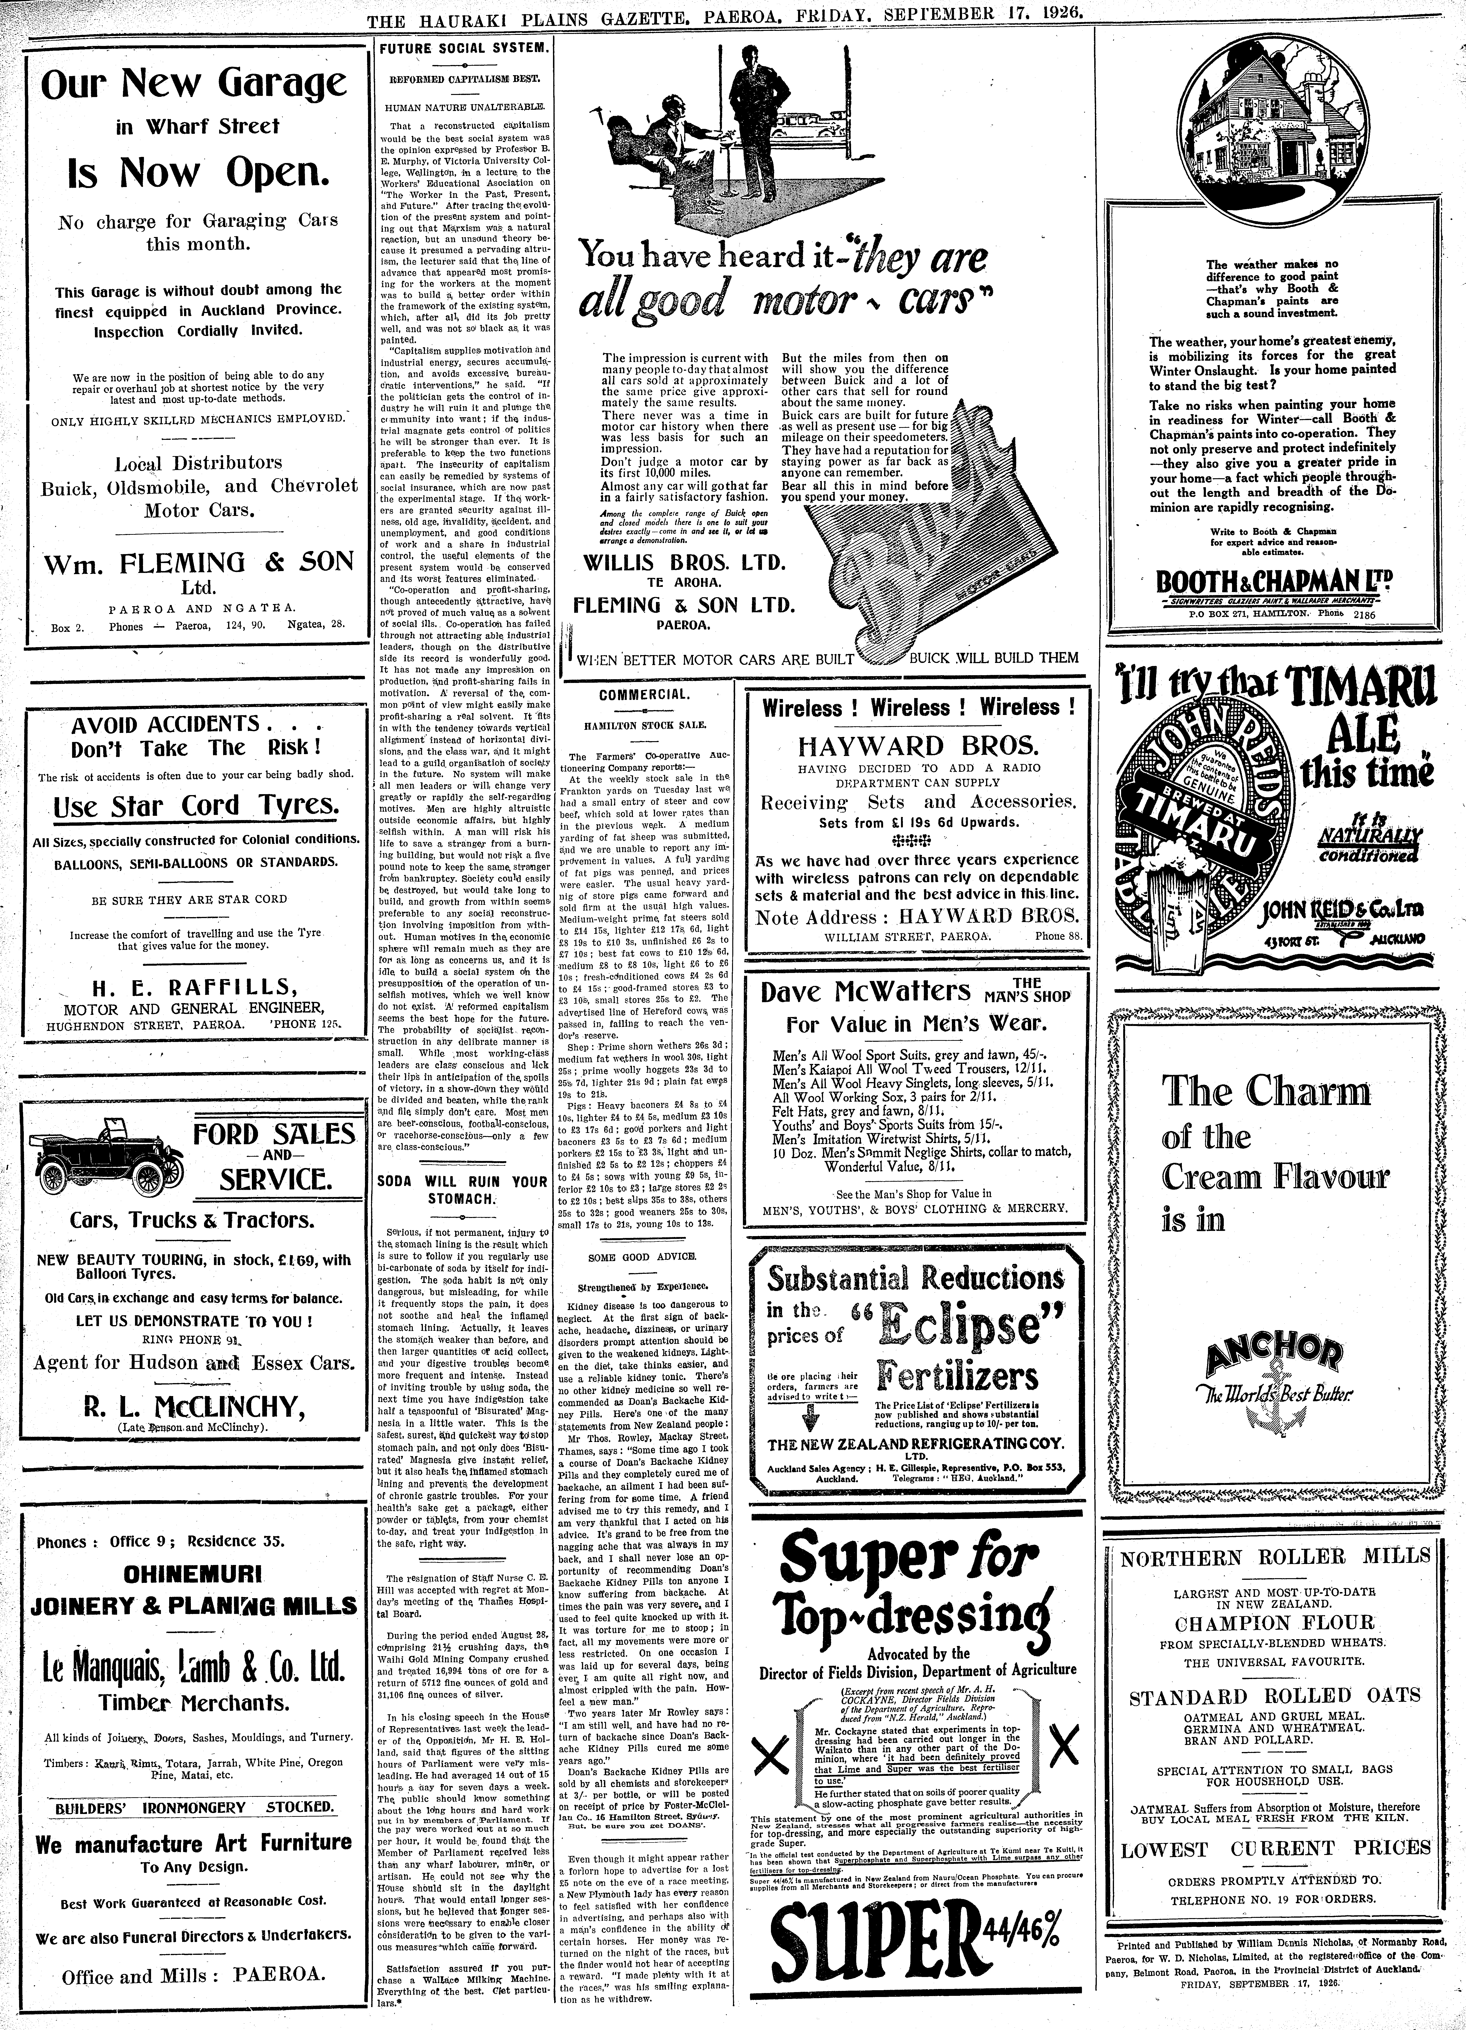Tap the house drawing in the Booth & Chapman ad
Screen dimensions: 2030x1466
click(x=1276, y=125)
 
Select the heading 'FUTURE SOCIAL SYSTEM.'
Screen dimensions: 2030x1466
click(x=461, y=47)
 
